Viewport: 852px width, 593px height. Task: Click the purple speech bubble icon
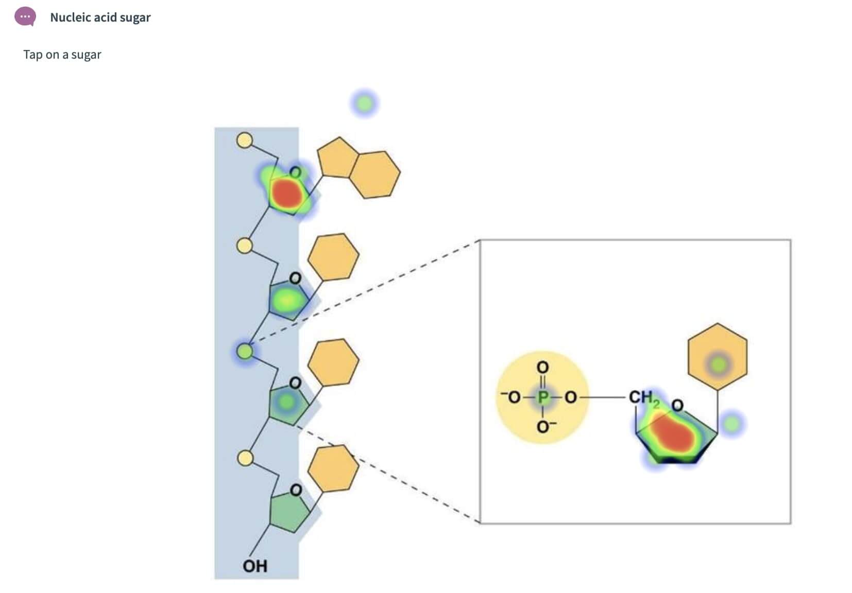point(25,17)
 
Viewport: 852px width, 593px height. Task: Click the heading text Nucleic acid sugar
point(100,18)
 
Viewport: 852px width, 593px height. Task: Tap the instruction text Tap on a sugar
point(62,55)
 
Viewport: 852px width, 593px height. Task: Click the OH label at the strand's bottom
point(255,566)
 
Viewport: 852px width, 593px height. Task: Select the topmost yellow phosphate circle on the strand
point(244,140)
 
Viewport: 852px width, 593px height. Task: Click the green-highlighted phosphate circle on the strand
point(245,352)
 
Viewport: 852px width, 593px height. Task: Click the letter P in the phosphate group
point(542,397)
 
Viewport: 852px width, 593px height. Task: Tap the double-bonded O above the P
point(542,368)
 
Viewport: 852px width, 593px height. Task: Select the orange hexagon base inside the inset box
point(717,356)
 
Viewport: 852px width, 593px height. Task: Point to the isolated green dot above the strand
point(364,103)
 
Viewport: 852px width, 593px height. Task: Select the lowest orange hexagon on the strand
point(333,468)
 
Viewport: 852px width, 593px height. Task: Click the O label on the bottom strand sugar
point(296,490)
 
